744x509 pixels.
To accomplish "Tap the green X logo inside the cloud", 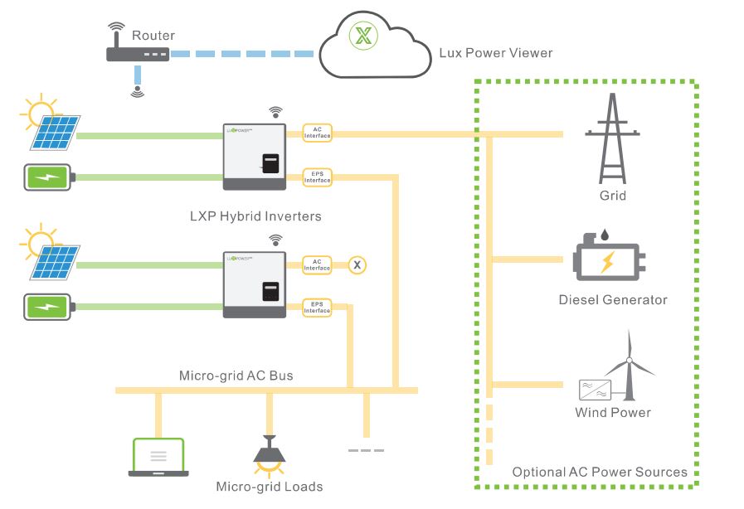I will (x=362, y=36).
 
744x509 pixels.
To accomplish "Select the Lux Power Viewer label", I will (x=495, y=53).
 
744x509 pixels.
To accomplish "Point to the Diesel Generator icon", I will (x=607, y=261).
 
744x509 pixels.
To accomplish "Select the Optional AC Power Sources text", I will (x=599, y=472).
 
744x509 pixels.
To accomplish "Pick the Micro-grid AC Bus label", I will (x=236, y=376).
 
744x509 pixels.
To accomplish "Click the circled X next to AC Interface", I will (x=357, y=265).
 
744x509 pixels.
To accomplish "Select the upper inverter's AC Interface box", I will (x=317, y=133).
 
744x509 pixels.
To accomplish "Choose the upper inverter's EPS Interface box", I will (x=317, y=177).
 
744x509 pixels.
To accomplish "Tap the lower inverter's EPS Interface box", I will (x=317, y=308).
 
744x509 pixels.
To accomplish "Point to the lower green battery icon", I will (x=50, y=307).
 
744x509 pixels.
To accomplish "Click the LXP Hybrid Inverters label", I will (x=255, y=216).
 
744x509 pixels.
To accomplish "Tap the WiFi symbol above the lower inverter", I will (x=275, y=240).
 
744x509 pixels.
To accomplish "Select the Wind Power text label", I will (x=612, y=412).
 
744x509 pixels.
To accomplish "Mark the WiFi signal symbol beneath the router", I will (x=138, y=90).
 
